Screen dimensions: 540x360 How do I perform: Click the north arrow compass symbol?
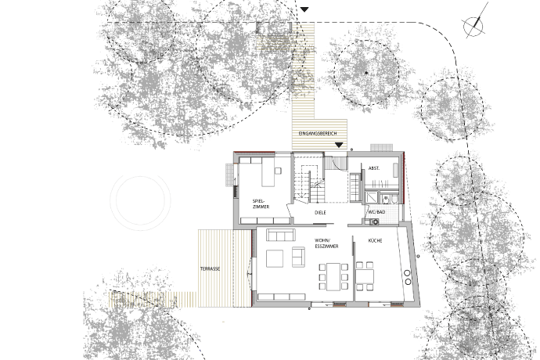[x=474, y=24]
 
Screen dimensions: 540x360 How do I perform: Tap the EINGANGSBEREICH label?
[x=318, y=133]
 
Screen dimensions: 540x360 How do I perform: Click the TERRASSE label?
[x=210, y=269]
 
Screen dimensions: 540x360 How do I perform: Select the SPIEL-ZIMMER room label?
[x=261, y=203]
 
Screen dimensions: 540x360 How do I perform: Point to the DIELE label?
[x=320, y=213]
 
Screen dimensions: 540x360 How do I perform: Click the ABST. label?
[x=374, y=168]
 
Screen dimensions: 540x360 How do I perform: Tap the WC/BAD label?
[x=376, y=212]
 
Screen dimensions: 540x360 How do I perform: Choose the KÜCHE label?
[x=375, y=241]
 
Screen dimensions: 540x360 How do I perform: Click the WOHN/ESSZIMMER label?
[x=326, y=243]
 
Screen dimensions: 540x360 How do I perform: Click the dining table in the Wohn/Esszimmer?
[x=333, y=276]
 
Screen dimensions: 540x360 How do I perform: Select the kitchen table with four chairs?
[x=365, y=276]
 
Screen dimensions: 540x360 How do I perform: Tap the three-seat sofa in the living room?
[x=281, y=235]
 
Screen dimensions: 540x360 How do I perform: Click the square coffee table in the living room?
[x=275, y=259]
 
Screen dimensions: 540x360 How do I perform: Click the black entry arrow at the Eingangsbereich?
[x=339, y=145]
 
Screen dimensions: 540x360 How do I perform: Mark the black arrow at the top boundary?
[x=304, y=9]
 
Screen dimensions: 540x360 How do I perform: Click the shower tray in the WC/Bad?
[x=372, y=198]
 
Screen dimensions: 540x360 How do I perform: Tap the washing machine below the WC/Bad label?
[x=374, y=221]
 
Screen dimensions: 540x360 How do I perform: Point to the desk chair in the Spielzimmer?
[x=278, y=171]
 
